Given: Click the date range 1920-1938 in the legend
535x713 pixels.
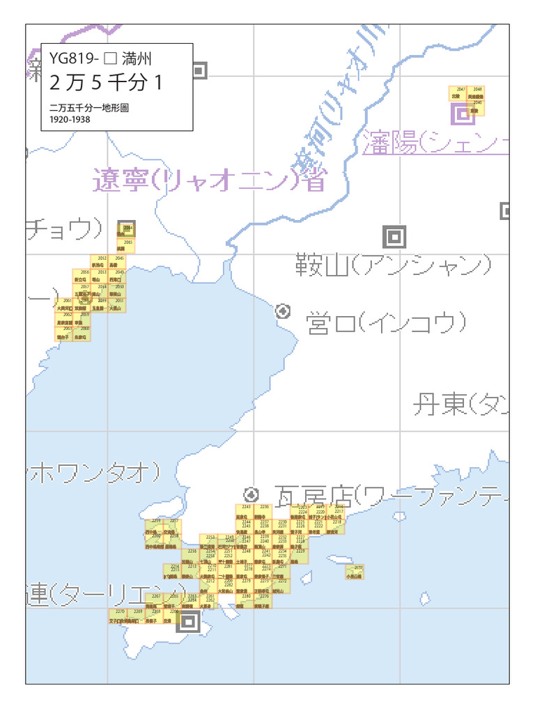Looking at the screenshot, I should (70, 119).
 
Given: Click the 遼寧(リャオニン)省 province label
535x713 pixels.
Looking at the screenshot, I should (209, 180).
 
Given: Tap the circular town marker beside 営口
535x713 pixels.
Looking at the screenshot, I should (283, 311).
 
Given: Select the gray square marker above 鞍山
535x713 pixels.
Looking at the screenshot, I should (394, 237).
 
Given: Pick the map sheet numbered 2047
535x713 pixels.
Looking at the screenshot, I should (460, 93).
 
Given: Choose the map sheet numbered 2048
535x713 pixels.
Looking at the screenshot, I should (476, 93).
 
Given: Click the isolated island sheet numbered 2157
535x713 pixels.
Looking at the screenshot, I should (355, 572).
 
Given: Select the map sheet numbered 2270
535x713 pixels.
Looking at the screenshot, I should (120, 616).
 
